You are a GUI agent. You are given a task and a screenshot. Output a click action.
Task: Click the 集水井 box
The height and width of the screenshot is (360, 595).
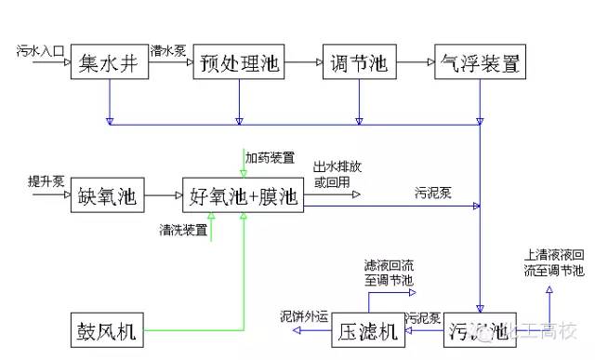[x=110, y=63]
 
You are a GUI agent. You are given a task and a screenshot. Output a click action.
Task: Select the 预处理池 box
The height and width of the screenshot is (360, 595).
[x=238, y=63]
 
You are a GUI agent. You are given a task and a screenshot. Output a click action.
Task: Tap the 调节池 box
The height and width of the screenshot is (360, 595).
[x=359, y=63]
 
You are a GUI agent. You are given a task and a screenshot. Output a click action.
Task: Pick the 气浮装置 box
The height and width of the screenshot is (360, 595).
[x=480, y=63]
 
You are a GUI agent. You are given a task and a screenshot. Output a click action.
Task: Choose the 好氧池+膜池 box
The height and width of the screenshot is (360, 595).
[x=244, y=195]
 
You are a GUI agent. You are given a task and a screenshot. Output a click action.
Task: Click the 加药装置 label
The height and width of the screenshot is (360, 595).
[x=270, y=156]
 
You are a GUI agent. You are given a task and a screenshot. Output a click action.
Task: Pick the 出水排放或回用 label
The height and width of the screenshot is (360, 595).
[x=337, y=176]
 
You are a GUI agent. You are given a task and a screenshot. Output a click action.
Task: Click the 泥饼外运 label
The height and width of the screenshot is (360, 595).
[x=305, y=316]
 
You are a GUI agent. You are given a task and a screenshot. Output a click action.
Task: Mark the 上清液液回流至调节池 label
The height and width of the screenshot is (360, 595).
[x=553, y=262]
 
